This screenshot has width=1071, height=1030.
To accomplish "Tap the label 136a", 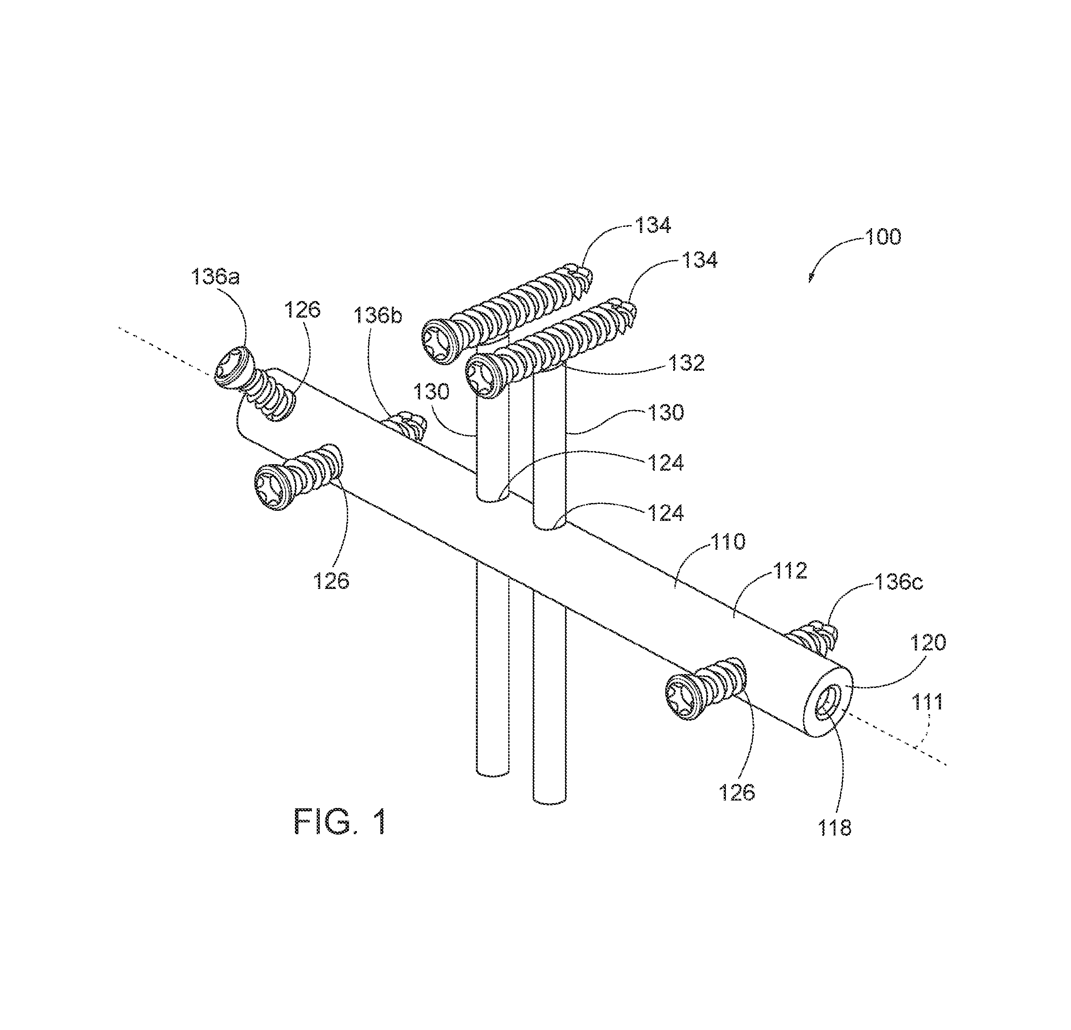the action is pos(216,277).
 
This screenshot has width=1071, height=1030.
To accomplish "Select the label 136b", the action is pos(378,315).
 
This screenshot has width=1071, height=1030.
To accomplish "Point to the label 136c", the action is pos(900,582).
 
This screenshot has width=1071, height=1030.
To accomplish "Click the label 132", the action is pos(687,363).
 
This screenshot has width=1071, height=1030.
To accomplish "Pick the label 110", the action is pos(728,541).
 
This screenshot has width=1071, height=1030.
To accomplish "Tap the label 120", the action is pos(928,643).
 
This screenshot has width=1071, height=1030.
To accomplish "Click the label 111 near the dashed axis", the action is pos(928,701).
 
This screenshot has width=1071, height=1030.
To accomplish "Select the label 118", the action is pos(835,828).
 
